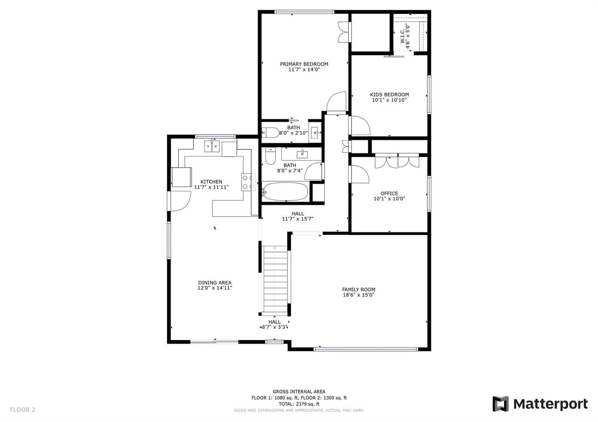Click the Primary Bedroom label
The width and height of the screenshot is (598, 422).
[x=304, y=64]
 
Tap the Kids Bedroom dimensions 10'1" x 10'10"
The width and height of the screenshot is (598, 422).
[x=389, y=100]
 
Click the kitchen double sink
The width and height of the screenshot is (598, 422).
[x=212, y=146]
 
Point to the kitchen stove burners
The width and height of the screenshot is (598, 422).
[x=248, y=182]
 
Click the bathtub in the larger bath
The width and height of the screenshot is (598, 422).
[x=285, y=191]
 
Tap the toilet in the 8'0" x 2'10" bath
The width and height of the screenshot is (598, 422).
[x=270, y=133]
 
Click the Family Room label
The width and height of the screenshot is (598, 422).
[x=358, y=289]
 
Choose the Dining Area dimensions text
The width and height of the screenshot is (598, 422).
[x=215, y=288]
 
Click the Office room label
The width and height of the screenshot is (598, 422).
[x=389, y=193]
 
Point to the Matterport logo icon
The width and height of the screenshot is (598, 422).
[x=500, y=404]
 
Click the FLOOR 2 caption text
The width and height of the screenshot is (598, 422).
[x=23, y=410]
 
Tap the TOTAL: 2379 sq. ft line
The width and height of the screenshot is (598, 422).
[x=299, y=404]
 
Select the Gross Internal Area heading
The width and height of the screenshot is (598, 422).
[x=299, y=392]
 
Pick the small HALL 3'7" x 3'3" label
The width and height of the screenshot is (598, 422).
[x=274, y=325]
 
